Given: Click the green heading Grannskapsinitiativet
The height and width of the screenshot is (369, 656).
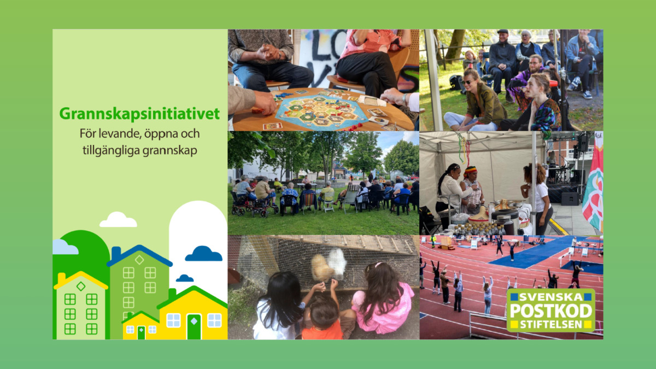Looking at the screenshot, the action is (139, 114).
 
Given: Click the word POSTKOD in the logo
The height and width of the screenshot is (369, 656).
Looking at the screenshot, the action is (551, 311).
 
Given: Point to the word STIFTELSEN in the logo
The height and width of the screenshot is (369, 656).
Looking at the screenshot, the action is (551, 325).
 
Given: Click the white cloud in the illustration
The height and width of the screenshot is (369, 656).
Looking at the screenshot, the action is (118, 220).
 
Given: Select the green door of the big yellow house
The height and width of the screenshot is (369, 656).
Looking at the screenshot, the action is (194, 327).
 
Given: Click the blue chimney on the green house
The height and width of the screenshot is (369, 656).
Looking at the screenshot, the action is (116, 253).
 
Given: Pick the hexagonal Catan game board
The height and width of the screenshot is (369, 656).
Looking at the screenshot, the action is (321, 112).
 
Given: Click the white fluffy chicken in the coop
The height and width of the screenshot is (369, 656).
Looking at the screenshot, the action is (337, 263).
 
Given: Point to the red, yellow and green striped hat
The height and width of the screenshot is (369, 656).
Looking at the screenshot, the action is (470, 171).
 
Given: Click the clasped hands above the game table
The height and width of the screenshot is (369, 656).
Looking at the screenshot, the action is (268, 52).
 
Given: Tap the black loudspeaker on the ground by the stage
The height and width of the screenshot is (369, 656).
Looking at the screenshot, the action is (570, 198).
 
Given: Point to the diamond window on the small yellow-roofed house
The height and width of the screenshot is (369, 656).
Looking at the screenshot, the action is (81, 286).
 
